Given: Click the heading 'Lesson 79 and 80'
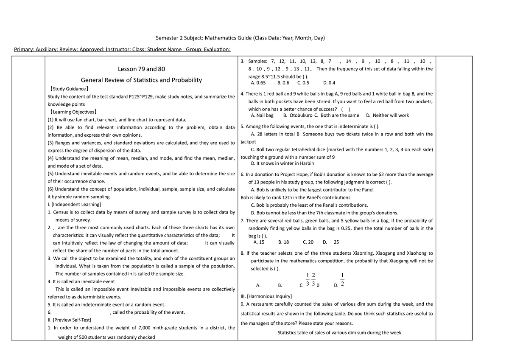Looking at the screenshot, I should click(x=142, y=69).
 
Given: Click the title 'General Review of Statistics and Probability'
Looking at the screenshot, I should click(x=142, y=80).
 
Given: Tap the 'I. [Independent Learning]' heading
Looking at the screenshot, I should click(x=74, y=205).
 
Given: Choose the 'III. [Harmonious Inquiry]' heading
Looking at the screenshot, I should click(x=266, y=296).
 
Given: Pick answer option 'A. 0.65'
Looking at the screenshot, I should click(x=259, y=83).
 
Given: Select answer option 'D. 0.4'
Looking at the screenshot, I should click(x=329, y=83).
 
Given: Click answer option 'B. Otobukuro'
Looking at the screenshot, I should click(x=298, y=115).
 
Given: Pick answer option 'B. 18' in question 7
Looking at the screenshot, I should click(x=283, y=242).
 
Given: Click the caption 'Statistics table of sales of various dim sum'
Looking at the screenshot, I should click(x=339, y=332).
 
